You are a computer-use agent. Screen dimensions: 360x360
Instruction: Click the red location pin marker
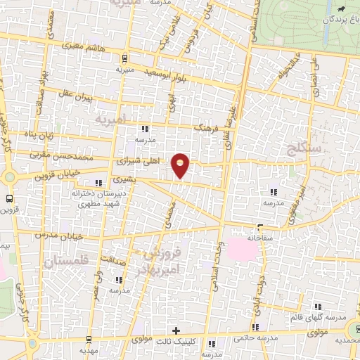(x=181, y=165)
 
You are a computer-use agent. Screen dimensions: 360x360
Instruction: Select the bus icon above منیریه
(x=124, y=58)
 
